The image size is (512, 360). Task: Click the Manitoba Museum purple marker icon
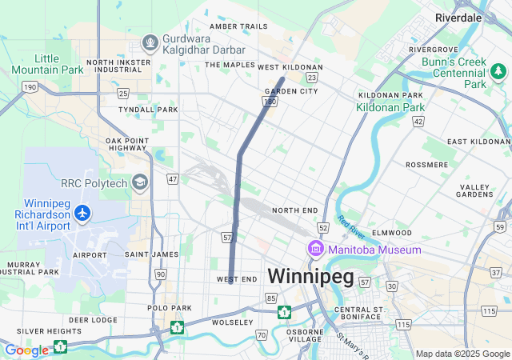coord(315,250)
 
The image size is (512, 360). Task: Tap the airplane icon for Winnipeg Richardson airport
coord(82,213)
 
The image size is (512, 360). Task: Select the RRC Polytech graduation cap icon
coord(141,183)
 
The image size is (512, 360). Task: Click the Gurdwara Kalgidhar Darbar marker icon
coord(149,42)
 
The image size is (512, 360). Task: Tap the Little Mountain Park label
coord(58,64)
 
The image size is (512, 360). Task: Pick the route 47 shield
coord(173,178)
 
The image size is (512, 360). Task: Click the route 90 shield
coord(161,274)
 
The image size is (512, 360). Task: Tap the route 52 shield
coord(322,228)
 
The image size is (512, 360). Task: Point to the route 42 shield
coord(418,121)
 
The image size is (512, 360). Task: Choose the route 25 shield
coord(123,94)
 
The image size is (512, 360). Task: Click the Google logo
coord(26,350)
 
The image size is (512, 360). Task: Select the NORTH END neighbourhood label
coord(294,210)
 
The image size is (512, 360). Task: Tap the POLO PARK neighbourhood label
coord(170,307)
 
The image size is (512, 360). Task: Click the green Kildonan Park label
coord(390,106)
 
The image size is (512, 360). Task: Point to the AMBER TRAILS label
coord(238,26)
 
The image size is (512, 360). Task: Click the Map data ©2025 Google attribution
coord(462,354)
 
